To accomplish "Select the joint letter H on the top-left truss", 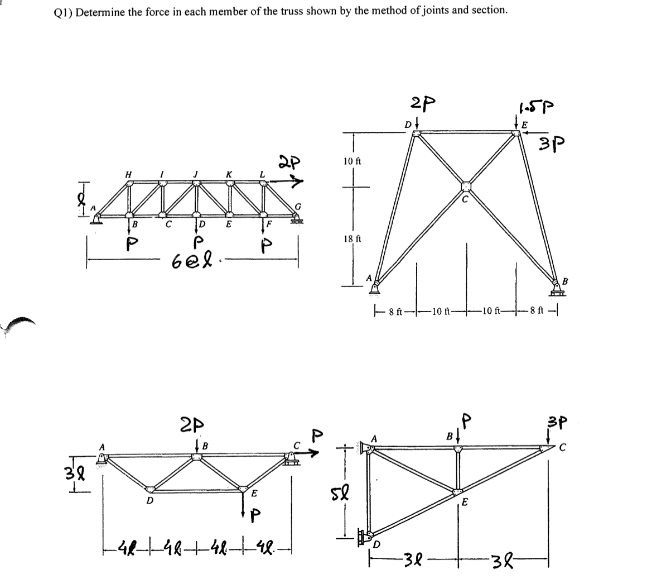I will [128, 174].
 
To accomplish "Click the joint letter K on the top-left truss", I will [229, 174].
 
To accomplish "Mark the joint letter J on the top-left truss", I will [195, 174].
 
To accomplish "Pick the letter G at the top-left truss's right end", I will [298, 207].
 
